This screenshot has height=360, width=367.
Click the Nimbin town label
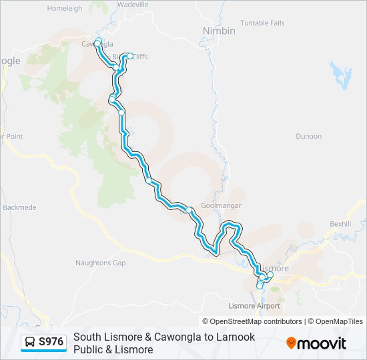click(219, 31)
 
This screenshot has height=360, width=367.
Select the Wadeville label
click(132, 4)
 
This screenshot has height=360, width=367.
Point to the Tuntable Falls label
click(262, 23)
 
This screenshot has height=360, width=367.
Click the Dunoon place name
click(308, 136)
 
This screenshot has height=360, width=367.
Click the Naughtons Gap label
click(100, 263)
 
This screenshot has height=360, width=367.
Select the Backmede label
click(19, 207)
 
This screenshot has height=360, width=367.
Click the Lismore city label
click(276, 268)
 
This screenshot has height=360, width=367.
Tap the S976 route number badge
click(51, 342)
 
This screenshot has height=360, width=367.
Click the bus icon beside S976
click(30, 342)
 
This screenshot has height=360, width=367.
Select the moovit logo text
click(322, 343)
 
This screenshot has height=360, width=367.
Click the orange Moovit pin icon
click(291, 343)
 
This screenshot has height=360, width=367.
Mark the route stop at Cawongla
click(98, 42)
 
